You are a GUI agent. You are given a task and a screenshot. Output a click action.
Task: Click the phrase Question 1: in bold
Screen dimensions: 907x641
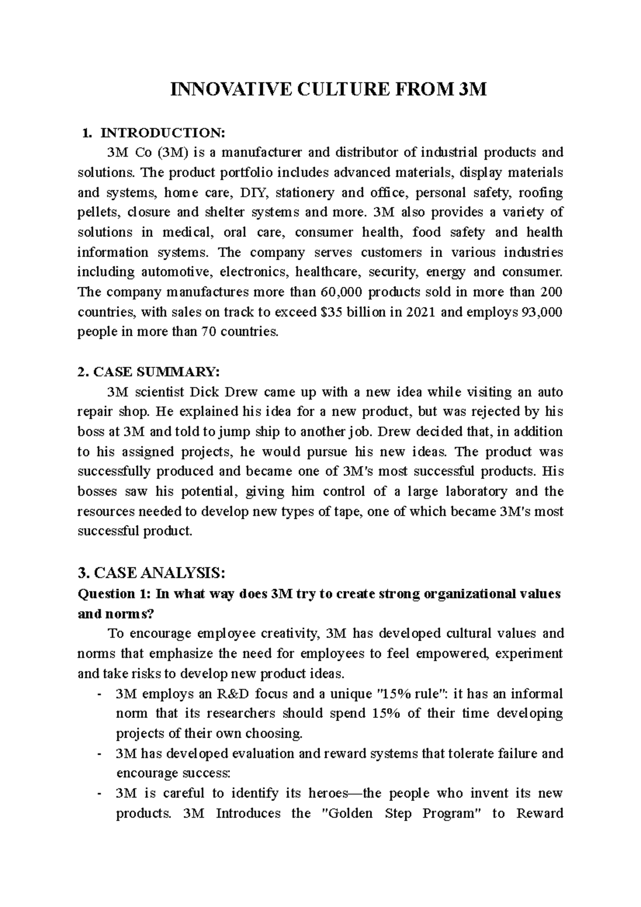(x=112, y=594)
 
